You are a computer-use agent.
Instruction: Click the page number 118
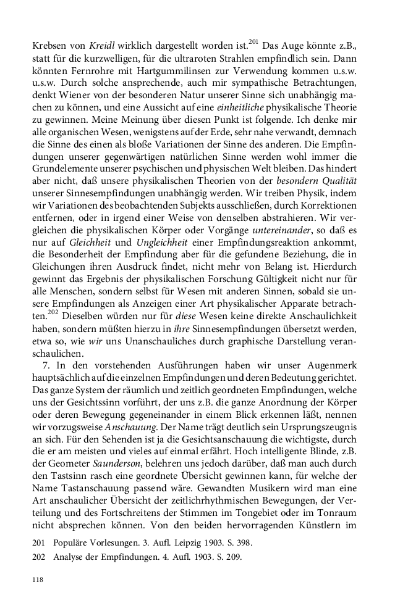pyautogui.click(x=39, y=580)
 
